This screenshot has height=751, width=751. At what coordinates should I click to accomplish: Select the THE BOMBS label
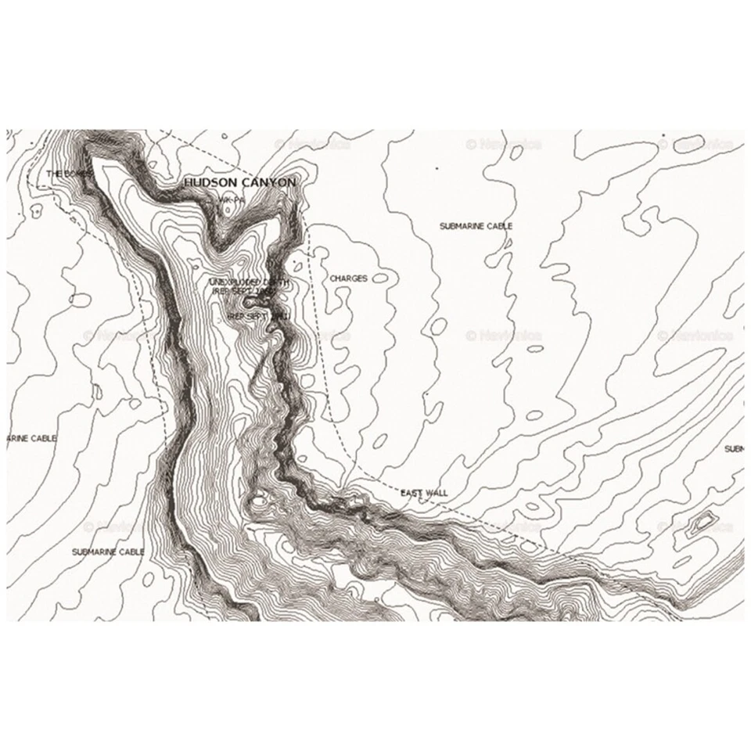click(69, 173)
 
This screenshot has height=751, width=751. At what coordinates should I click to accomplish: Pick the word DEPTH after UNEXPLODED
click(277, 282)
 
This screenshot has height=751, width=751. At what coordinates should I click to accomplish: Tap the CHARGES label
click(348, 278)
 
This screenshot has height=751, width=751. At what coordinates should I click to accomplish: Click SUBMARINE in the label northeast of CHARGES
click(461, 226)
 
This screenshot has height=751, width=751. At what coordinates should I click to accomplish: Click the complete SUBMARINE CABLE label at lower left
click(108, 552)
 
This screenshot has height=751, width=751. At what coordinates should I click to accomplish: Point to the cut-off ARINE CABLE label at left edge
click(31, 438)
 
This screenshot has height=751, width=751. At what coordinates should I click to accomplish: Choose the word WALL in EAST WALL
click(436, 493)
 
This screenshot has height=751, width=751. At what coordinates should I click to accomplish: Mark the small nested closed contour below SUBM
click(701, 522)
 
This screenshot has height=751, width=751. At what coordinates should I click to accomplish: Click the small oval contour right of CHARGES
click(380, 278)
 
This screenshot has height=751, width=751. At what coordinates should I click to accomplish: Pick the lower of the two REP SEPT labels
click(258, 315)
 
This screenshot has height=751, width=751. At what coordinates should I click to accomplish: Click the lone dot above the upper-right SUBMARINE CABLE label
click(437, 168)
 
